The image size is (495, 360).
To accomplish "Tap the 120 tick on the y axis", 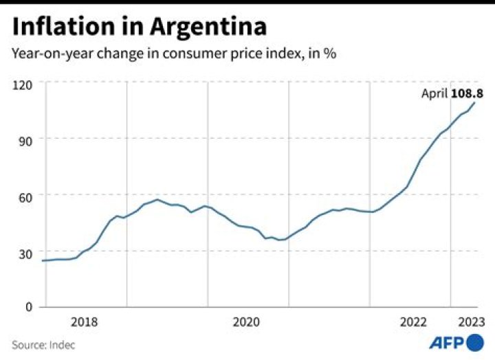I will (23, 84).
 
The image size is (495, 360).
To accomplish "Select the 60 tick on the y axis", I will (25, 196).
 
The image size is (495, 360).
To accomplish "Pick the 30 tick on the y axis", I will (25, 253).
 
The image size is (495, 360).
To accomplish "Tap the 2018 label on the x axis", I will (84, 322).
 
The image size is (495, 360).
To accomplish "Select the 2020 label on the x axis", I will (246, 322).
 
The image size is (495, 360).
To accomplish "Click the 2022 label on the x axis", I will (414, 322).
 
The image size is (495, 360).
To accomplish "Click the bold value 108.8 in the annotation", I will (466, 93).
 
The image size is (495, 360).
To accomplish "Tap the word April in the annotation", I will (434, 93).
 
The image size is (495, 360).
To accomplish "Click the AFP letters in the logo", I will (447, 343).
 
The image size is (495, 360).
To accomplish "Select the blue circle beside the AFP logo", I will (475, 342).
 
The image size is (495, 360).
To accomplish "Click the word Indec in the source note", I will (62, 344).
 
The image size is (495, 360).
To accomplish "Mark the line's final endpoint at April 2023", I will (475, 102).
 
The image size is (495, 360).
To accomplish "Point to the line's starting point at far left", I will (43, 260).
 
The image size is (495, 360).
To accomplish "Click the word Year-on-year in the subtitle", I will (46, 54).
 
